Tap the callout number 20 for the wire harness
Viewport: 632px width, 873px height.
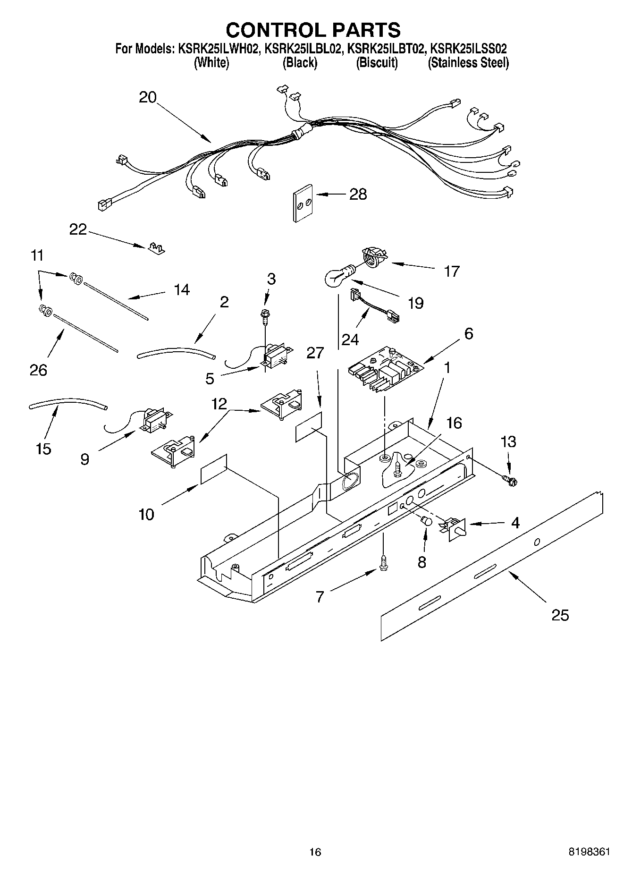pyautogui.click(x=147, y=97)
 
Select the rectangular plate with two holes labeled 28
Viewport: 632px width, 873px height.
pyautogui.click(x=302, y=202)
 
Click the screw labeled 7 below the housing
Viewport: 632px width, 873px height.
pyautogui.click(x=383, y=563)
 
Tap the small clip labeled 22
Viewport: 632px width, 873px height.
pyautogui.click(x=155, y=247)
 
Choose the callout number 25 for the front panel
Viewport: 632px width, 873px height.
pyautogui.click(x=560, y=615)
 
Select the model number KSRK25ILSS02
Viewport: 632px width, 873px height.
pyautogui.click(x=469, y=49)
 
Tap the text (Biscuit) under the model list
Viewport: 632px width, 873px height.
pyautogui.click(x=377, y=63)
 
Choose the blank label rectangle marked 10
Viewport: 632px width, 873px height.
pyautogui.click(x=214, y=469)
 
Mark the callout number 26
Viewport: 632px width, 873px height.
pyautogui.click(x=38, y=370)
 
